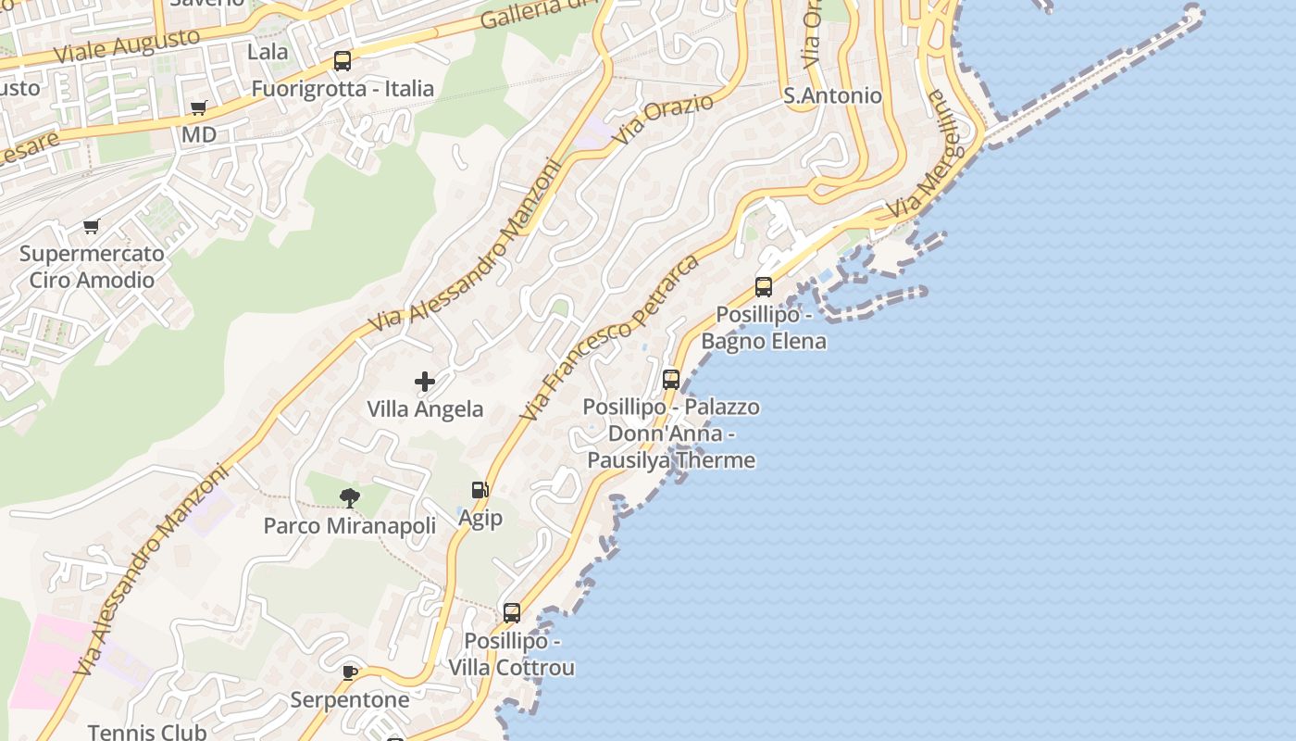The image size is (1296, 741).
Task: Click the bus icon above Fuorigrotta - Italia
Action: (343, 62)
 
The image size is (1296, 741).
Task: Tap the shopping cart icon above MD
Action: (199, 108)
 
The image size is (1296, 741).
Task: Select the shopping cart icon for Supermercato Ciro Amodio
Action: (92, 227)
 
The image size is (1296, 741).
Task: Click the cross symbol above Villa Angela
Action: (425, 381)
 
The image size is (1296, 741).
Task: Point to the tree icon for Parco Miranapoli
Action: (349, 498)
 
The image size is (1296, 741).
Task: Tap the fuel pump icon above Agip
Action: (480, 490)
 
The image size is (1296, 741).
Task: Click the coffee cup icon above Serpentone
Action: (350, 672)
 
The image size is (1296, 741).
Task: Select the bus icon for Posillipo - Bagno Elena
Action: (764, 287)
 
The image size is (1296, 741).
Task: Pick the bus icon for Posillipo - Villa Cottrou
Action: (512, 613)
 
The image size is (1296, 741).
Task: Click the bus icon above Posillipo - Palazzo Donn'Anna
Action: (671, 380)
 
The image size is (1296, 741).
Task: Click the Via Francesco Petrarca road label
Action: (608, 337)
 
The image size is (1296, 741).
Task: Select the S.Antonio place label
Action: (832, 95)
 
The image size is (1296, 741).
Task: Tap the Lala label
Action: (268, 52)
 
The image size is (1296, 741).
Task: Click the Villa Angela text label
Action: (425, 409)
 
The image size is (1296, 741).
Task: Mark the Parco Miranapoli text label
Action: (350, 526)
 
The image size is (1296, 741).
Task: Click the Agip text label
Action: (480, 518)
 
